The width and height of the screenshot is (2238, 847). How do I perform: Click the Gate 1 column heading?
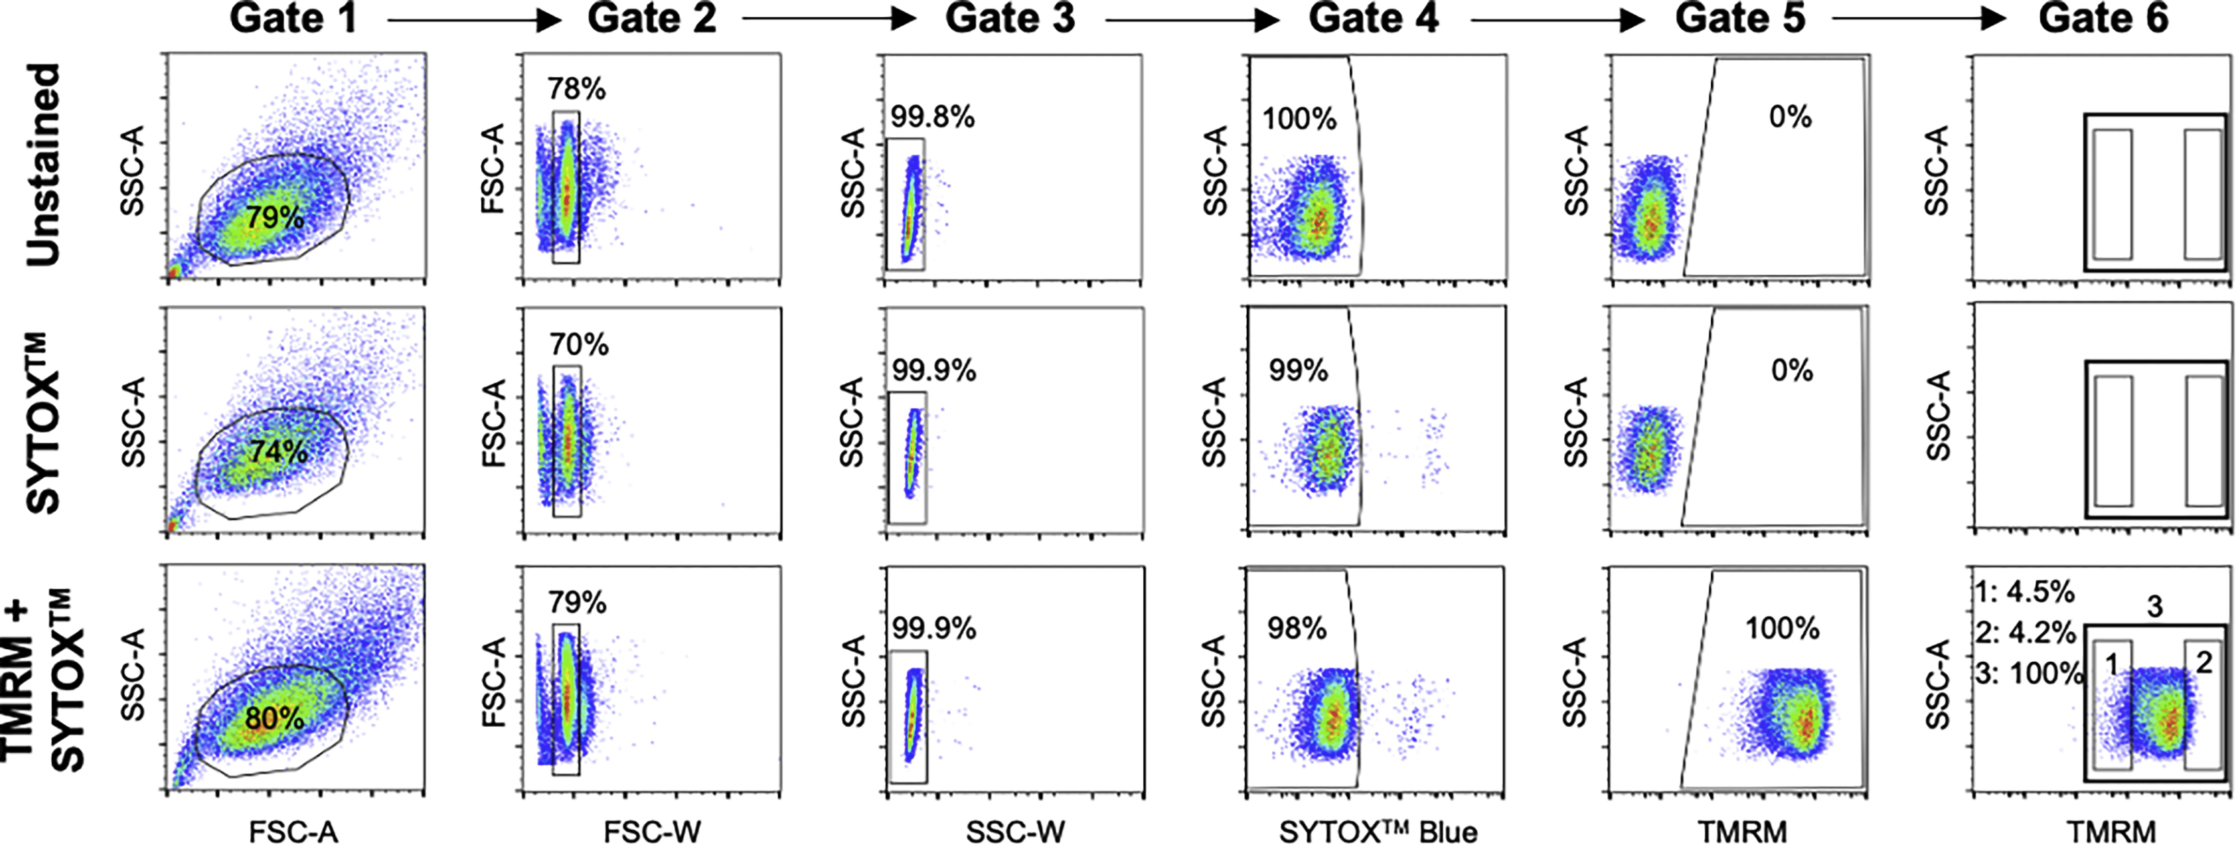(293, 19)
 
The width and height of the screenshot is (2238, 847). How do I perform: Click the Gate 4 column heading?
(1374, 19)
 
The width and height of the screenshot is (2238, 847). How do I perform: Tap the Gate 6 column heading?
(2103, 19)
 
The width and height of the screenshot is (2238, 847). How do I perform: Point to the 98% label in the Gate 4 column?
(1296, 628)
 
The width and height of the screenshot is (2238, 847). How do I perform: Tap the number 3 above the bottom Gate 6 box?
(2154, 606)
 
